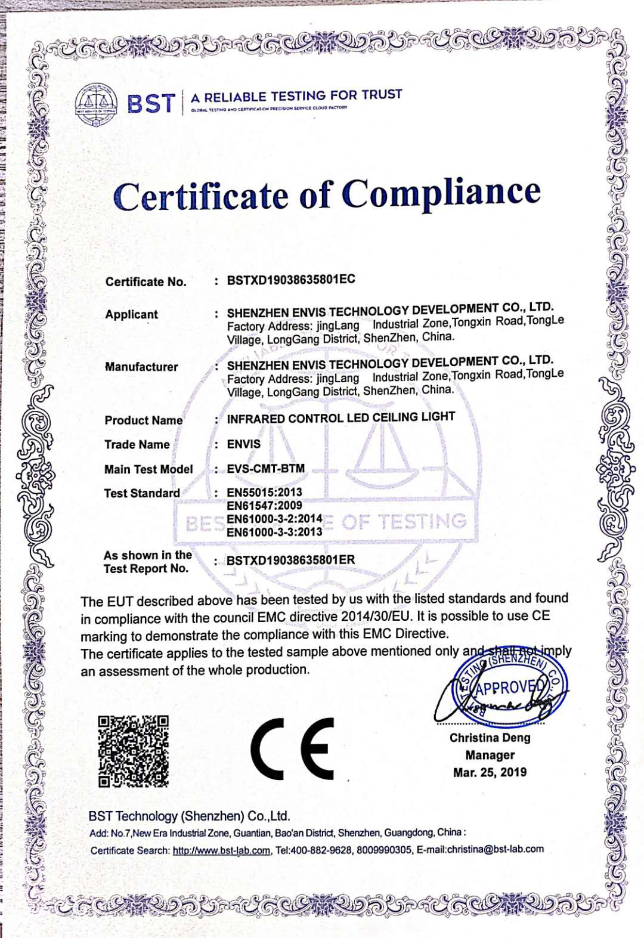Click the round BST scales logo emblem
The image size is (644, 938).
97,105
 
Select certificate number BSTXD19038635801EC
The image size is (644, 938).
291,280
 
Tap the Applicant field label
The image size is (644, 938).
132,314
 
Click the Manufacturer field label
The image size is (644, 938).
141,367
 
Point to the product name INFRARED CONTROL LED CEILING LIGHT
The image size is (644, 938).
340,417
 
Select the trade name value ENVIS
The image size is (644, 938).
244,444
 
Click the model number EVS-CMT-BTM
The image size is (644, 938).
266,469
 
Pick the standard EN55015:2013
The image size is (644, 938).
265,493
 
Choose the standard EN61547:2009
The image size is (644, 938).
265,506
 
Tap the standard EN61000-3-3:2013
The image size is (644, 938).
274,532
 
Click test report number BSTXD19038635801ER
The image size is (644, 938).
291,560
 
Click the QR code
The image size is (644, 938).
133,751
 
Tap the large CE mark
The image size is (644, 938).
292,749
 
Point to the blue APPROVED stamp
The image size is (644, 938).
510,689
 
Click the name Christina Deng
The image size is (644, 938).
490,738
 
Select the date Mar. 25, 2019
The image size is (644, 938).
490,772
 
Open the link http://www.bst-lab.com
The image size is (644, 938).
221,850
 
